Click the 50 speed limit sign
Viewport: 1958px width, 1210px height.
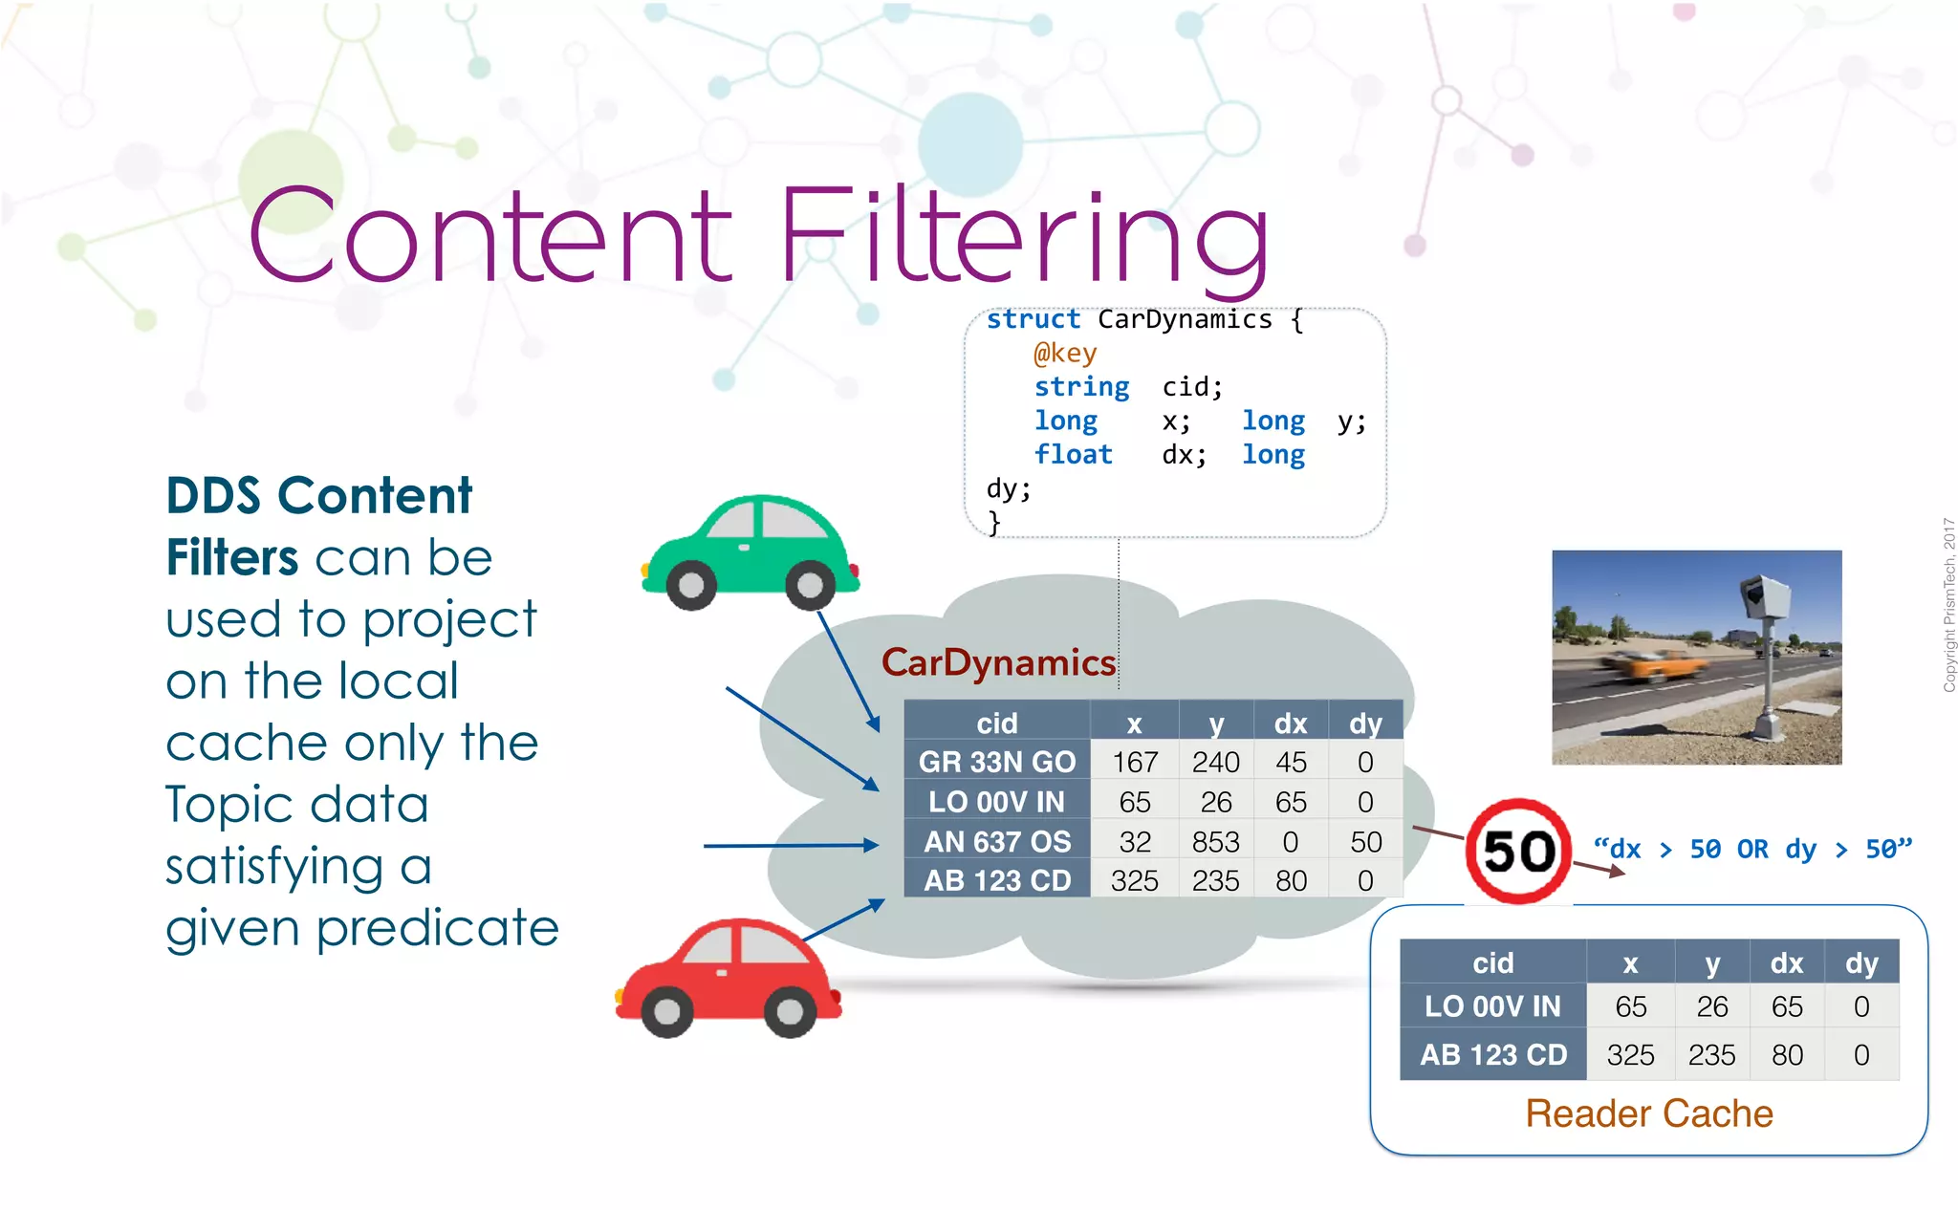[1518, 851]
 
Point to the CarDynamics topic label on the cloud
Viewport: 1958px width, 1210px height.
[998, 662]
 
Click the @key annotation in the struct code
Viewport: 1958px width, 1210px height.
[1064, 353]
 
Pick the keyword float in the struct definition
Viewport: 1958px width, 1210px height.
[1073, 454]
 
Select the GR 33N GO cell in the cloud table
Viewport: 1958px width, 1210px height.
[996, 762]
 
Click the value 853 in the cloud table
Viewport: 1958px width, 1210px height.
[1215, 841]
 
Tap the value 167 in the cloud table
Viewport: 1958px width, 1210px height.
[1135, 762]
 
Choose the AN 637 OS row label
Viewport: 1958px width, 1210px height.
[996, 841]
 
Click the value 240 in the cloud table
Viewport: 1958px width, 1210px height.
[1215, 762]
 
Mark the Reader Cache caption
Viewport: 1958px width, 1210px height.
[1649, 1113]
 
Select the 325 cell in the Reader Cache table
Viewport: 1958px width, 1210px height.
[1630, 1055]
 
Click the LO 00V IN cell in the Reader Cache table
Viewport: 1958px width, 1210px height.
[1492, 1006]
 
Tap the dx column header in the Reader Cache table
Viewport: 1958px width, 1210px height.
[1786, 963]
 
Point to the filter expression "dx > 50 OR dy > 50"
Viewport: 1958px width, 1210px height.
[1752, 849]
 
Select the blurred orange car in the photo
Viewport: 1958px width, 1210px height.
[1652, 665]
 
